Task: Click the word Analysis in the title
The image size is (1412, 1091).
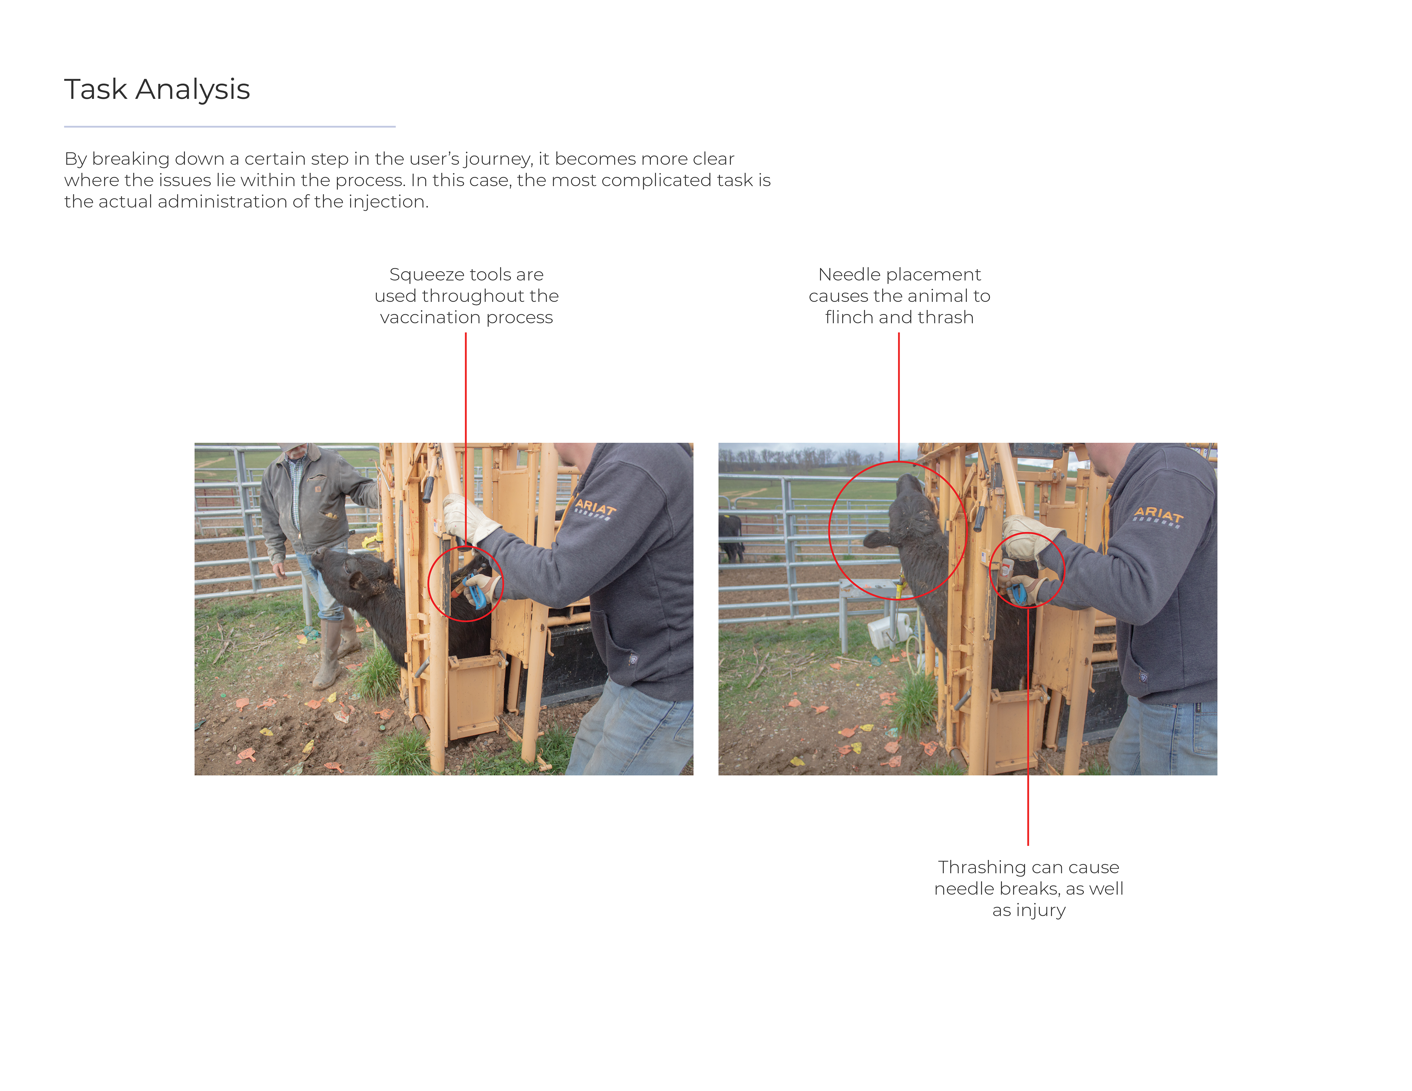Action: (x=193, y=89)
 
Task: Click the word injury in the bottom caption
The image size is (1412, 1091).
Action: (x=1041, y=910)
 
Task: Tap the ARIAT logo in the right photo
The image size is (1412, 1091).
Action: (x=1159, y=516)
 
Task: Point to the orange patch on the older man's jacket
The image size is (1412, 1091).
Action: (x=317, y=489)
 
